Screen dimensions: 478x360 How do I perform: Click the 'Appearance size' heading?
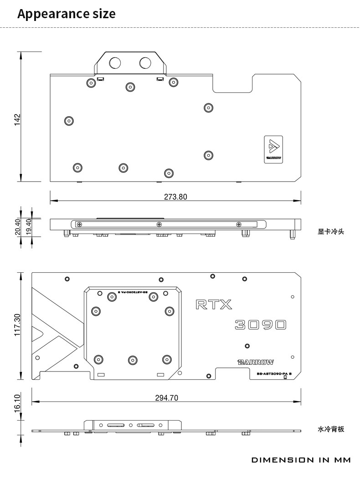pyautogui.click(x=66, y=14)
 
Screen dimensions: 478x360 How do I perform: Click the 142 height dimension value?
pyautogui.click(x=17, y=120)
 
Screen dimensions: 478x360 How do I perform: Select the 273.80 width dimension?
pyautogui.click(x=175, y=197)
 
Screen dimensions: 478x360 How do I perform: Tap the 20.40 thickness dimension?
pyautogui.click(x=18, y=226)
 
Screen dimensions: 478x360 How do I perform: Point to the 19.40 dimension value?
pyautogui.click(x=29, y=226)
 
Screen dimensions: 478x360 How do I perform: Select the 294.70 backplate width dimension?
pyautogui.click(x=166, y=398)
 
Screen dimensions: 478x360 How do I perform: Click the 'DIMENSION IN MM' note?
pyautogui.click(x=301, y=460)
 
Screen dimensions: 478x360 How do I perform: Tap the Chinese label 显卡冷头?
pyautogui.click(x=331, y=232)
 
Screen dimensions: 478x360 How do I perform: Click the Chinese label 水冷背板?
pyautogui.click(x=331, y=429)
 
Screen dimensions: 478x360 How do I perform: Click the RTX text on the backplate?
pyautogui.click(x=214, y=304)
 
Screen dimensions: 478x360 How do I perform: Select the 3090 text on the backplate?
pyautogui.click(x=261, y=325)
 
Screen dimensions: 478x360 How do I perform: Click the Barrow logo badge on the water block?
pyautogui.click(x=273, y=148)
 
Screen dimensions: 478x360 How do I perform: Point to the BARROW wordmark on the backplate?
pyautogui.click(x=256, y=362)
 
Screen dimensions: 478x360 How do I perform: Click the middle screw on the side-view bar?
pyautogui.click(x=159, y=224)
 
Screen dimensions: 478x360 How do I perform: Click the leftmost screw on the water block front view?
pyautogui.click(x=69, y=121)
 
